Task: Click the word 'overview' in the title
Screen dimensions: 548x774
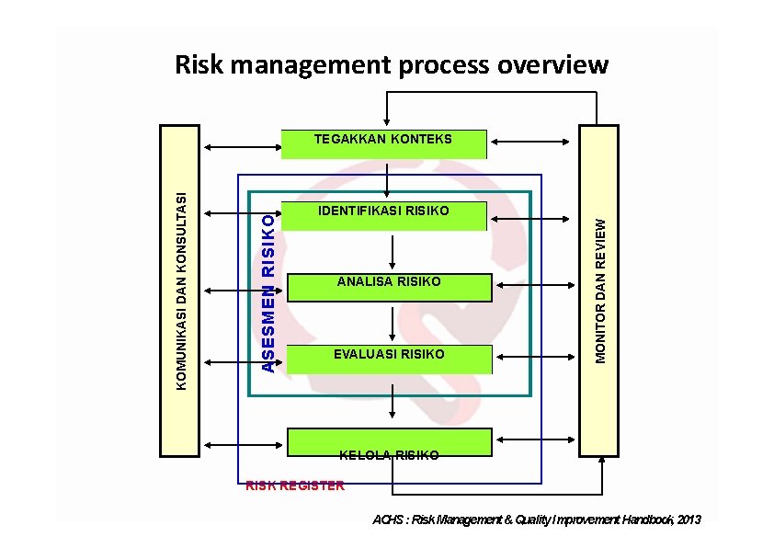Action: coord(552,65)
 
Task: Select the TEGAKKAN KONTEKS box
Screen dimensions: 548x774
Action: coord(383,143)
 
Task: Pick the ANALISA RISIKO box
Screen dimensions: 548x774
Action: coord(389,286)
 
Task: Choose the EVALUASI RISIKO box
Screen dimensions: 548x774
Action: coord(389,358)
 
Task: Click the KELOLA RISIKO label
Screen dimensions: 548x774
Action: coord(389,455)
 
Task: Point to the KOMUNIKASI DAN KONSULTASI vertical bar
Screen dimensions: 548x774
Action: coord(180,291)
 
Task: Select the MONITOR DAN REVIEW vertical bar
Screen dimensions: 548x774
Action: coord(598,291)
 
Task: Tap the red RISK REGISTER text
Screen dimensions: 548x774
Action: coord(294,485)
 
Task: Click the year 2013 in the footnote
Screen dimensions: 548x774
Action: coord(689,520)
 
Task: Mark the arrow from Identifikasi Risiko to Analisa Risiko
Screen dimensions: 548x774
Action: coord(393,249)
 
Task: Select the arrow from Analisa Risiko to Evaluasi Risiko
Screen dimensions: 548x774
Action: coord(393,323)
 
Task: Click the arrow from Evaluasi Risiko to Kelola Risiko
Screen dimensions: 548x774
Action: coord(393,398)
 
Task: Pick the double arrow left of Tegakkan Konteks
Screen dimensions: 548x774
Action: coord(242,146)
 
